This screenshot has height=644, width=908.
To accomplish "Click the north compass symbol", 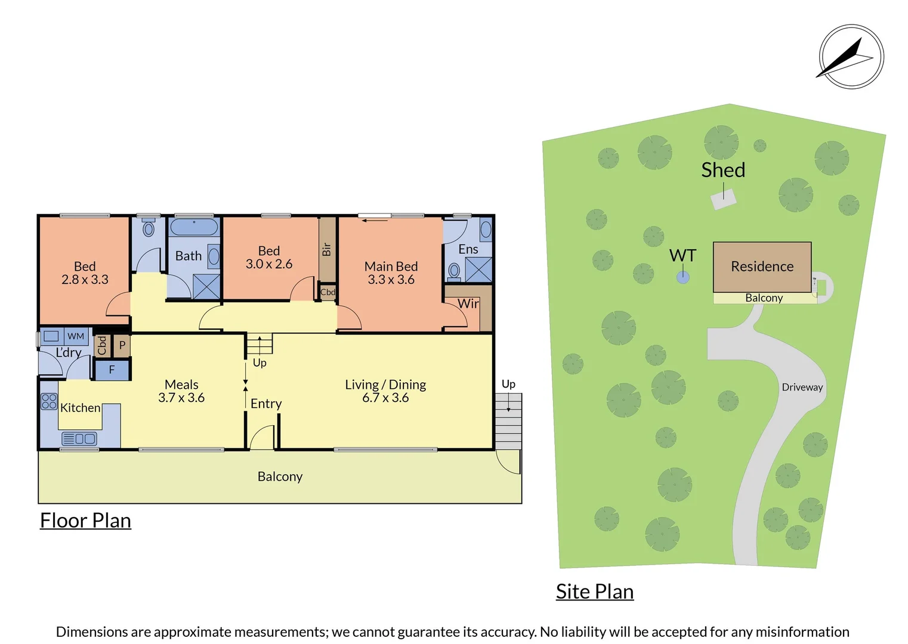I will point(851,57).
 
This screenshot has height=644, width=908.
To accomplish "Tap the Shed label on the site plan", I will point(723,170).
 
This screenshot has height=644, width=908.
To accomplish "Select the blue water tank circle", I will point(683,277).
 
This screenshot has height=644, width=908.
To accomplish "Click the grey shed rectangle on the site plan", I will point(724,200).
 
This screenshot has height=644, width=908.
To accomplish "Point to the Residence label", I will point(762,267).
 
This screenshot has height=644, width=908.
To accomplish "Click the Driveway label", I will point(802,388).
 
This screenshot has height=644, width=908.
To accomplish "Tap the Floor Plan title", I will point(85,521).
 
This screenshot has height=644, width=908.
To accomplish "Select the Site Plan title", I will point(594,592).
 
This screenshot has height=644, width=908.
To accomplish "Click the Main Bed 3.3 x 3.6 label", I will point(391,273).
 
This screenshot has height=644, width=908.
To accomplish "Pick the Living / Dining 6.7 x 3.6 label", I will point(385,391).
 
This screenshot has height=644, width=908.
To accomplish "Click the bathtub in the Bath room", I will point(194,227).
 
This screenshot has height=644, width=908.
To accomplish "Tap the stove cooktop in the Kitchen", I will point(49,401).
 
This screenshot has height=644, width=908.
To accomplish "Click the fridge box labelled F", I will point(112,370).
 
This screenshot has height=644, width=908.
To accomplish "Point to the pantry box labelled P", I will point(122,345).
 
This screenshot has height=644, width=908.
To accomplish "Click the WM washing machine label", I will point(76,336).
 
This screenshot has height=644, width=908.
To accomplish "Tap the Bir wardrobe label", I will point(326,249).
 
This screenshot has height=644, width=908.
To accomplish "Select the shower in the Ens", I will point(478,270).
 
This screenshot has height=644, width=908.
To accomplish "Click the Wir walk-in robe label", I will point(468,304).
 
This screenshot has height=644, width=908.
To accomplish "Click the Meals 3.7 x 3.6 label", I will point(181,391).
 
